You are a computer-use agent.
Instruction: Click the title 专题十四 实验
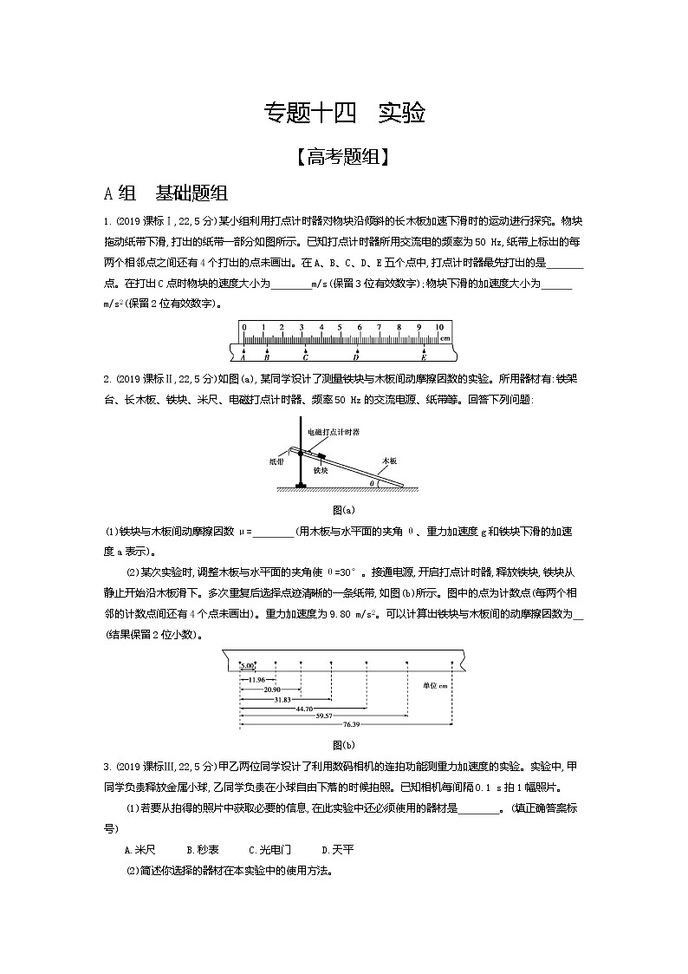344,113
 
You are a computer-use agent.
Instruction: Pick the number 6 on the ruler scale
359,327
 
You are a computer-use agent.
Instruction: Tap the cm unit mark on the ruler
444,337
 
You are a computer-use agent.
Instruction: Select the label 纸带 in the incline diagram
276,462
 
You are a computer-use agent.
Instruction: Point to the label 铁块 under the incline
321,469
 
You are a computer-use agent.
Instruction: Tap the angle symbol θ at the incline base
373,482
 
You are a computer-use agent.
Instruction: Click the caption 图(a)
344,510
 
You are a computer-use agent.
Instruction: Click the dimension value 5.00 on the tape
247,665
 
